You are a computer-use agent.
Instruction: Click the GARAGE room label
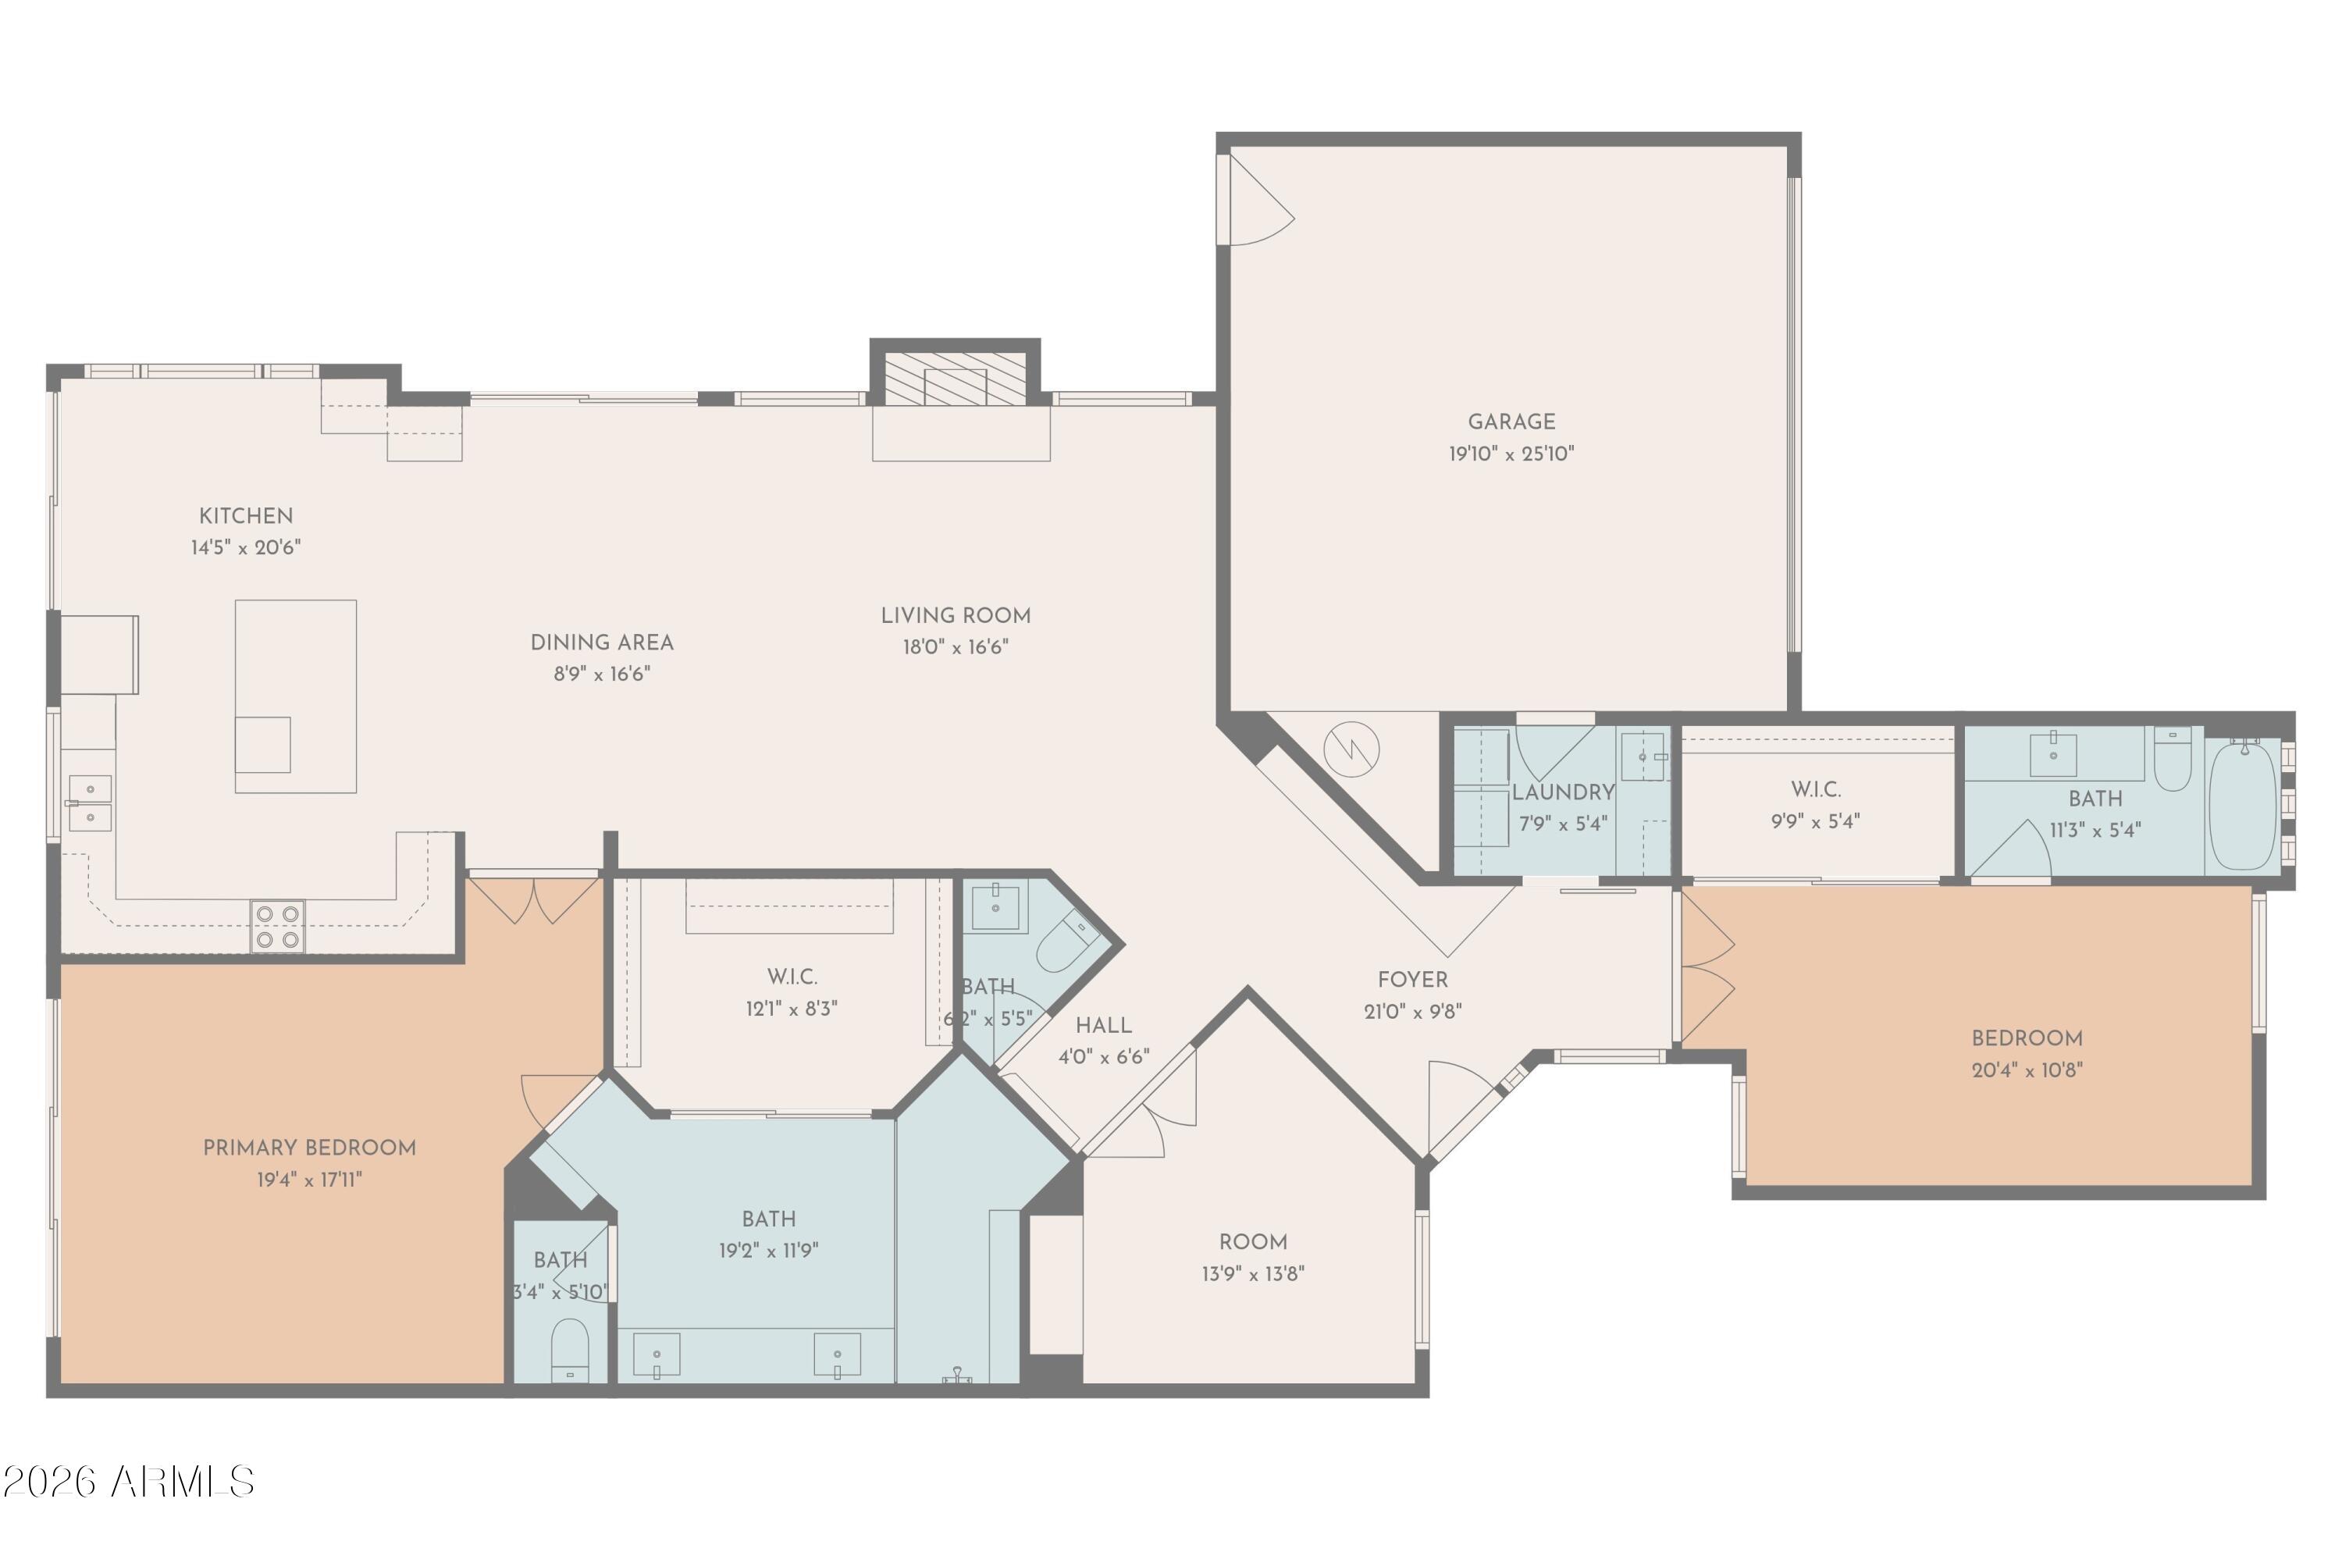[1511, 422]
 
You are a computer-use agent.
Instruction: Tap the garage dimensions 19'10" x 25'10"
[1511, 454]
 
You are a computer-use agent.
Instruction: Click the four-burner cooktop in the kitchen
[277, 927]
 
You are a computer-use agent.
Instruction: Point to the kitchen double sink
[90, 803]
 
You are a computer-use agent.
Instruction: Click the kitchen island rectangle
[295, 695]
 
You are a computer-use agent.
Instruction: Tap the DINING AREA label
[602, 643]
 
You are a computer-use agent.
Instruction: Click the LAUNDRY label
[1563, 792]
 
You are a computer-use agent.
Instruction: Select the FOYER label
[1411, 980]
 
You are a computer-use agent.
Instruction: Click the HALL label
[1103, 1026]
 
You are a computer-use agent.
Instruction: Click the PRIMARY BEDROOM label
[309, 1148]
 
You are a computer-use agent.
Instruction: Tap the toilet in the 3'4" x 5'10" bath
[569, 1348]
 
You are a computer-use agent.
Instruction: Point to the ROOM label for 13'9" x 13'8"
[1252, 1242]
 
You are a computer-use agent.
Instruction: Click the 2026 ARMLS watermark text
[129, 1482]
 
